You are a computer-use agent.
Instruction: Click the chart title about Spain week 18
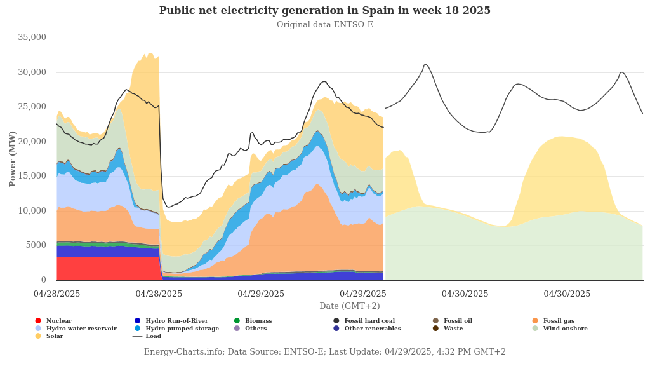[x=324, y=11]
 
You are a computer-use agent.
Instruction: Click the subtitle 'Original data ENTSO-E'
[x=324, y=25]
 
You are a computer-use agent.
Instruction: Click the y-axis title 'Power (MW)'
[x=13, y=158]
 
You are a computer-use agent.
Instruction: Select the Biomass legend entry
[x=258, y=321]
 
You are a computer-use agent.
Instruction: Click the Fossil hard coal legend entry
[x=369, y=321]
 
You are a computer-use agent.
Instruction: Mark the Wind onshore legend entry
[x=565, y=329]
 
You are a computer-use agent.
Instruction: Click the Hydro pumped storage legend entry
[x=182, y=329]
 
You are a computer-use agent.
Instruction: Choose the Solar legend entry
[x=55, y=336]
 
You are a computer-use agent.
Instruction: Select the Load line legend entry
[x=153, y=336]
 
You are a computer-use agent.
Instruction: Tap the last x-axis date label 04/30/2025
[x=567, y=294]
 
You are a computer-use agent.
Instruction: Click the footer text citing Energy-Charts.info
[x=324, y=352]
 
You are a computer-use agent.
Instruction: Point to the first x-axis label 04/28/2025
[x=57, y=294]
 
